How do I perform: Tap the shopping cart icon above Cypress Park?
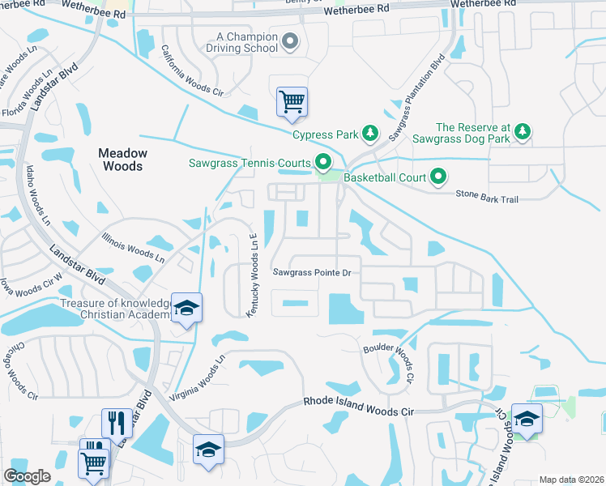pyautogui.click(x=292, y=102)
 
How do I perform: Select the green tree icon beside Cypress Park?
pyautogui.click(x=370, y=132)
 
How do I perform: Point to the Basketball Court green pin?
pyautogui.click(x=439, y=176)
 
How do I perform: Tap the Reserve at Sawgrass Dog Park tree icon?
pyautogui.click(x=523, y=132)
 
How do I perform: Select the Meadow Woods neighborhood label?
pyautogui.click(x=123, y=160)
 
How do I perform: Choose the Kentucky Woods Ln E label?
pyautogui.click(x=252, y=274)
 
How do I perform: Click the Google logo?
pyautogui.click(x=27, y=475)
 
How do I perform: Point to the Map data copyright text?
pyautogui.click(x=570, y=480)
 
